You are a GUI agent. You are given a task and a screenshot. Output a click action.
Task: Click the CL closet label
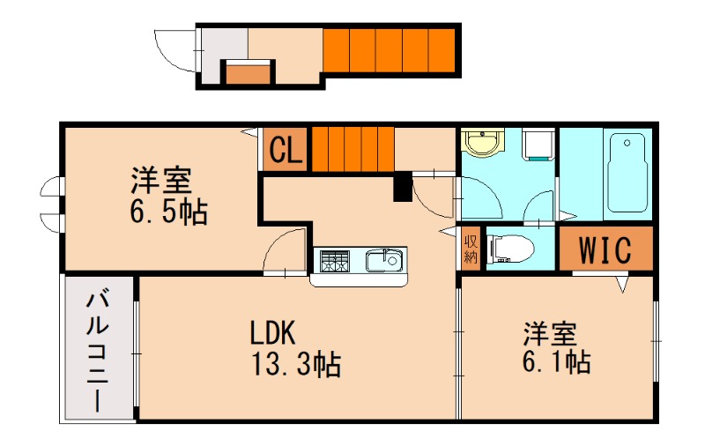286,151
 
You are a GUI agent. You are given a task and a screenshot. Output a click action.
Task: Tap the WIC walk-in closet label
606,250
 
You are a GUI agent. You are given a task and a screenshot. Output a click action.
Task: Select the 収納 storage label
471,249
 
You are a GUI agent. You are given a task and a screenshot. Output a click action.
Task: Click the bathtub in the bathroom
628,173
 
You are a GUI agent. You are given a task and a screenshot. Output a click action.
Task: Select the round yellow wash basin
481,144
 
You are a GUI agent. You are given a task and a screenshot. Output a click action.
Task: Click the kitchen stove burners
335,262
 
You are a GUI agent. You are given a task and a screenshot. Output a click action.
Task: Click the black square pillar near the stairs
402,188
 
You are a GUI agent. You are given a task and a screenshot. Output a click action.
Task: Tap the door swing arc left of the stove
287,250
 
